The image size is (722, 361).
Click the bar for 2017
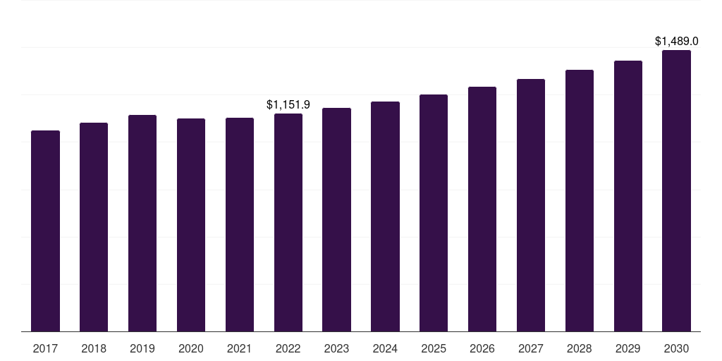45,231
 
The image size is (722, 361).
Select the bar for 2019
142,224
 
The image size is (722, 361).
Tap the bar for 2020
191,225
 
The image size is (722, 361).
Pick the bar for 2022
288,222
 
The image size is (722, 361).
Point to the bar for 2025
434,213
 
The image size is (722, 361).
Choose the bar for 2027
531,205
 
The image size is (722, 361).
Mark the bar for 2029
628,196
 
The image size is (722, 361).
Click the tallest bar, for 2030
676,190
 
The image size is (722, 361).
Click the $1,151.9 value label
288,105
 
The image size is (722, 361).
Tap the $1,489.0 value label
676,42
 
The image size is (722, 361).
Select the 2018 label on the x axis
94,349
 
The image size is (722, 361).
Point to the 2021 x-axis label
240,349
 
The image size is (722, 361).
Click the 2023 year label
336,349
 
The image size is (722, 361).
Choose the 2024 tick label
385,349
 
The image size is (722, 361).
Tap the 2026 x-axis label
482,349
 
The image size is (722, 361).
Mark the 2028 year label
580,349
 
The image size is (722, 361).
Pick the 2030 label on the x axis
676,349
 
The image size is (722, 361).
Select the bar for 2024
385,216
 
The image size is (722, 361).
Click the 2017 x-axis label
45,349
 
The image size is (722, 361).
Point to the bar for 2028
580,201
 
